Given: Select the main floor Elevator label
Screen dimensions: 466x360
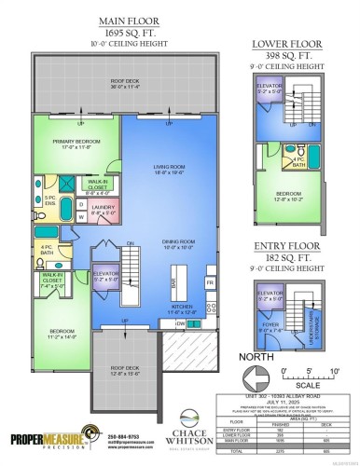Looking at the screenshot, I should click(x=105, y=275).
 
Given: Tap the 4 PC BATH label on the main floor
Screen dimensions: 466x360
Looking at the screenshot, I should click(x=47, y=248).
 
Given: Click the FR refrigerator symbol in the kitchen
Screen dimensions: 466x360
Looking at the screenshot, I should click(x=210, y=281).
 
